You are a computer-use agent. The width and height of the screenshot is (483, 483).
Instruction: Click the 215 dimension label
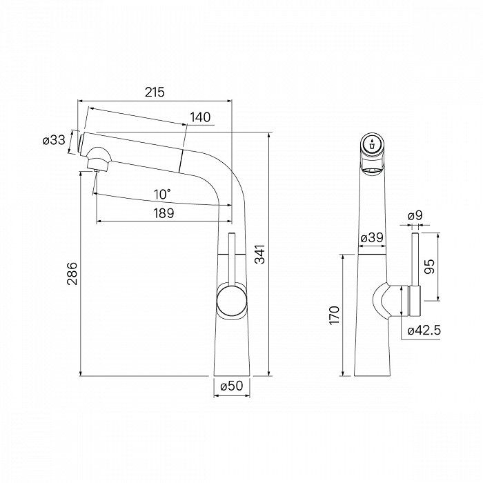click(x=155, y=92)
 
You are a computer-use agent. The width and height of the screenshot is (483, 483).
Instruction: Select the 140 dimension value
click(x=200, y=117)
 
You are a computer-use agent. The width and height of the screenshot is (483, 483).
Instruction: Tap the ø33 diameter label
click(x=55, y=141)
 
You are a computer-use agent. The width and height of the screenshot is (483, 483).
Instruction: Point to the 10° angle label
click(x=163, y=195)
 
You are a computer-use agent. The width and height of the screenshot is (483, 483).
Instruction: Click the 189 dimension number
click(x=164, y=213)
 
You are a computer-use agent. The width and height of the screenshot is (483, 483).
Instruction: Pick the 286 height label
click(x=73, y=273)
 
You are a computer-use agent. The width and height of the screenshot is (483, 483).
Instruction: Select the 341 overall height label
click(x=260, y=254)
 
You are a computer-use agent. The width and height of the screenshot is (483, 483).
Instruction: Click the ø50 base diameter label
click(x=232, y=386)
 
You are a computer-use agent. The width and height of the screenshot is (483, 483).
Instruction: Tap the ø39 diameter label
click(x=372, y=237)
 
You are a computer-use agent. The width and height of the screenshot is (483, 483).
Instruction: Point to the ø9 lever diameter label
click(x=415, y=215)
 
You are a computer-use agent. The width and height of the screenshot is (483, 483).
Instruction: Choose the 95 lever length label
click(x=429, y=266)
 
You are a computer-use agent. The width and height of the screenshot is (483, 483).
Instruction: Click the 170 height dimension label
click(x=334, y=315)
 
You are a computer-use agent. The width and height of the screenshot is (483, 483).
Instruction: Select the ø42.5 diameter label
click(x=424, y=331)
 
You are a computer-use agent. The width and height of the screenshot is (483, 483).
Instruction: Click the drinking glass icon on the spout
click(x=373, y=144)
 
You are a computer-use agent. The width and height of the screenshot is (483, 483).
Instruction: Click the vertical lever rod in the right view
click(x=415, y=259)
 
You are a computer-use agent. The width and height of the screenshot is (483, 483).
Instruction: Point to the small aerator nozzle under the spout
click(x=96, y=170)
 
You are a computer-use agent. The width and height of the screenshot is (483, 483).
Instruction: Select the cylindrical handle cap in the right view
click(x=415, y=301)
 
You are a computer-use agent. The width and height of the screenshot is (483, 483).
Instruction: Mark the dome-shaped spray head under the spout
click(x=98, y=158)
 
